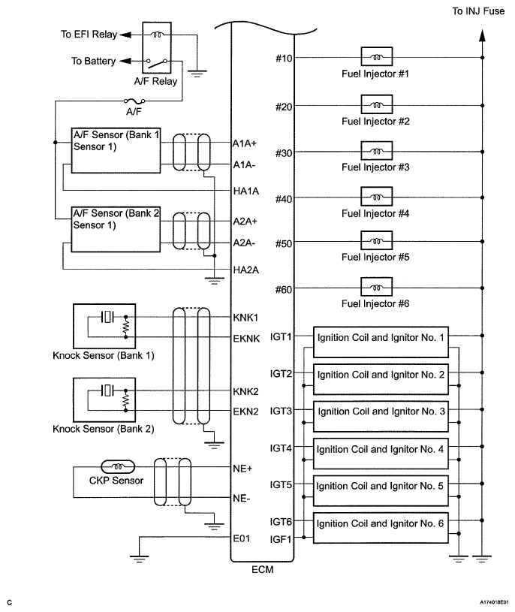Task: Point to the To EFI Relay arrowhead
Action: point(125,35)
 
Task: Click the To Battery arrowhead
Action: point(125,61)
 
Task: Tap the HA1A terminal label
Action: point(246,191)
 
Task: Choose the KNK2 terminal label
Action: point(245,392)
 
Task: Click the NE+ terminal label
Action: point(243,467)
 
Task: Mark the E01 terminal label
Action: point(242,538)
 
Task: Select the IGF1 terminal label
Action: point(281,538)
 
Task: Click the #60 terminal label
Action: point(282,288)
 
